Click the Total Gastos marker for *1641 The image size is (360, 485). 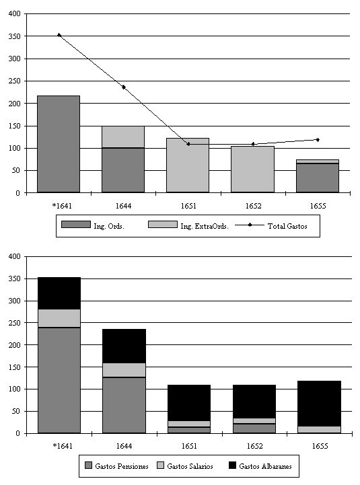[x=59, y=35]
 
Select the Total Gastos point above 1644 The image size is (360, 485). [x=124, y=87]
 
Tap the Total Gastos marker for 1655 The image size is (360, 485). [x=318, y=140]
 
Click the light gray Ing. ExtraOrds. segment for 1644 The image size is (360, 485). [x=123, y=137]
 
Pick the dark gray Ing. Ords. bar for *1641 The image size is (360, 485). [x=59, y=144]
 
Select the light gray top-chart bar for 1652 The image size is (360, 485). [x=252, y=170]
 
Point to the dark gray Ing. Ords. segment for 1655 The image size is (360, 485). [x=318, y=178]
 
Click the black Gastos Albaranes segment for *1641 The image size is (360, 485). [x=59, y=293]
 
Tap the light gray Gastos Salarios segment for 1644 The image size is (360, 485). [x=124, y=370]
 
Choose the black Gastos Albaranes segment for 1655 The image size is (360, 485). [x=319, y=404]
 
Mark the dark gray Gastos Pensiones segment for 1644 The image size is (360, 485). [x=124, y=405]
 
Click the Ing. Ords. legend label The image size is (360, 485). [x=109, y=226]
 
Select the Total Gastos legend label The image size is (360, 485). [x=287, y=226]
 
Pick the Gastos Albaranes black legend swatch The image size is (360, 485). [x=232, y=465]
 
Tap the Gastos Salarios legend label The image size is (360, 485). [x=190, y=466]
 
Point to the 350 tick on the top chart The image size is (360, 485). [x=14, y=36]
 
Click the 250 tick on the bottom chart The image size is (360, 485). [x=14, y=323]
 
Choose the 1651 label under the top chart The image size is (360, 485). [x=188, y=206]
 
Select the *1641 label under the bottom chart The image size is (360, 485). [x=63, y=446]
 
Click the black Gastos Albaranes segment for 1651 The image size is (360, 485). [x=189, y=403]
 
